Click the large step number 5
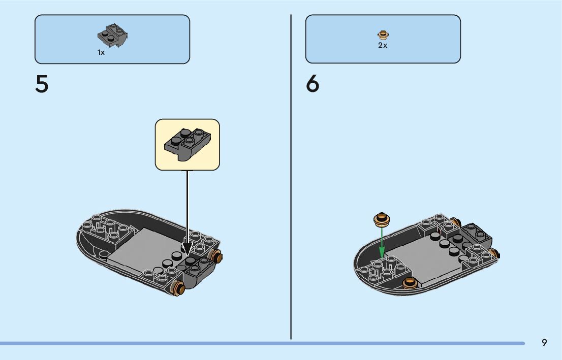(42, 84)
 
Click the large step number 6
(313, 84)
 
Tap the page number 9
(544, 343)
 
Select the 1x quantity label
(101, 52)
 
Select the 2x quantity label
(383, 45)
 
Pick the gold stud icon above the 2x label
(383, 35)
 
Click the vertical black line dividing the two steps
(291, 178)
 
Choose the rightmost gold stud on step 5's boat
(217, 256)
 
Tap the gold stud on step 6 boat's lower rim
(409, 283)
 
